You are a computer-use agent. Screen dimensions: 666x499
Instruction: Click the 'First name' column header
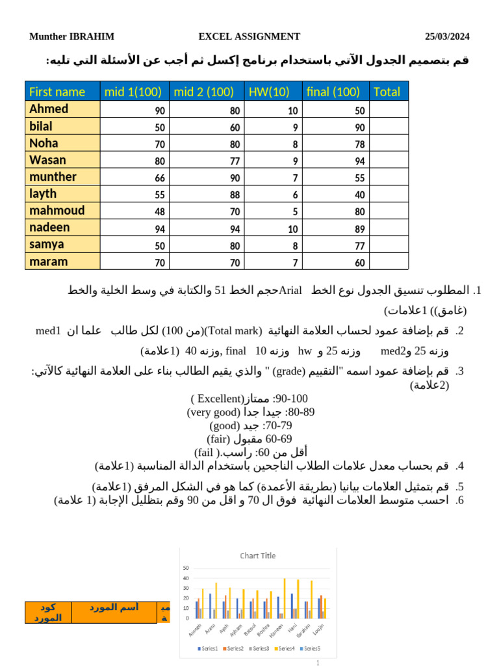tap(58, 92)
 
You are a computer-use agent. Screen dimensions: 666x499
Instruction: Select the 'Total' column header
tap(387, 92)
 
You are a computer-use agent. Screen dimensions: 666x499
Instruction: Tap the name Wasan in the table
tap(47, 160)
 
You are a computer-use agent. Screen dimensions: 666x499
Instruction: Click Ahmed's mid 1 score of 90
tap(159, 111)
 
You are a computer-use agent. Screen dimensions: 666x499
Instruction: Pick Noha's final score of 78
tap(359, 144)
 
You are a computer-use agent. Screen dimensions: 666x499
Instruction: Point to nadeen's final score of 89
tap(359, 229)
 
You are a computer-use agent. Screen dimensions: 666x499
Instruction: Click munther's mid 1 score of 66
tap(159, 178)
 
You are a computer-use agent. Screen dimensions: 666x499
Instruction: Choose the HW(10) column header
tap(269, 92)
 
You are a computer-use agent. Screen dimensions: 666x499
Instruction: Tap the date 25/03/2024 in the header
tap(447, 36)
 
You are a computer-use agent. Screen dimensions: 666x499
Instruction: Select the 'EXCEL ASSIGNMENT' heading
tap(249, 36)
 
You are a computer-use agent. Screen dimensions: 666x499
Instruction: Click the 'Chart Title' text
tap(258, 555)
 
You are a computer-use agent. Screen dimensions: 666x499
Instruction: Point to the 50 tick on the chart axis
tap(186, 567)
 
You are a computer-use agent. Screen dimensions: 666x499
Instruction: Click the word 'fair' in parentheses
tap(218, 439)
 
